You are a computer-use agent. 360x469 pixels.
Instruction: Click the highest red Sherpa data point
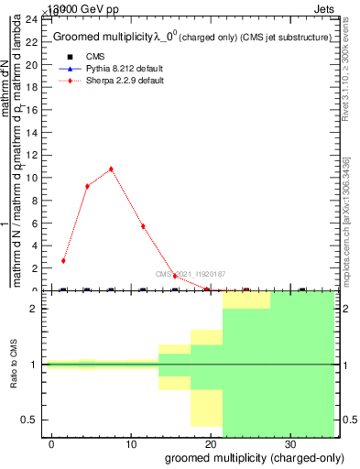(x=111, y=169)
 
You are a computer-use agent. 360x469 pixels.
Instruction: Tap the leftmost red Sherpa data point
(x=63, y=261)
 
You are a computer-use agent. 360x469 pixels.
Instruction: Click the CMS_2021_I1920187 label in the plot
(x=191, y=274)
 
